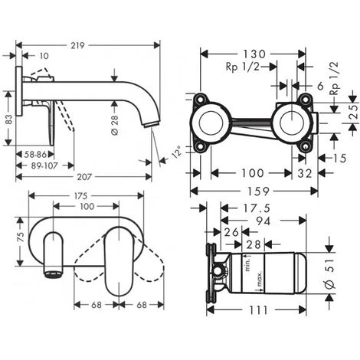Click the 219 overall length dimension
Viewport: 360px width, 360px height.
point(77,46)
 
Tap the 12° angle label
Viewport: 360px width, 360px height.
point(177,152)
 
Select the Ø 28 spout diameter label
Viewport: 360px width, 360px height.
point(115,125)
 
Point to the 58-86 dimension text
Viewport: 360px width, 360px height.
point(35,155)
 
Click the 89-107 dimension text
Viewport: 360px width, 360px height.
point(44,166)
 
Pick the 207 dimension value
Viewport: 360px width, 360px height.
point(84,177)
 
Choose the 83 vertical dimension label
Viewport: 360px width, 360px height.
point(9,119)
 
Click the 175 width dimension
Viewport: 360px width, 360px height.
point(80,196)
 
